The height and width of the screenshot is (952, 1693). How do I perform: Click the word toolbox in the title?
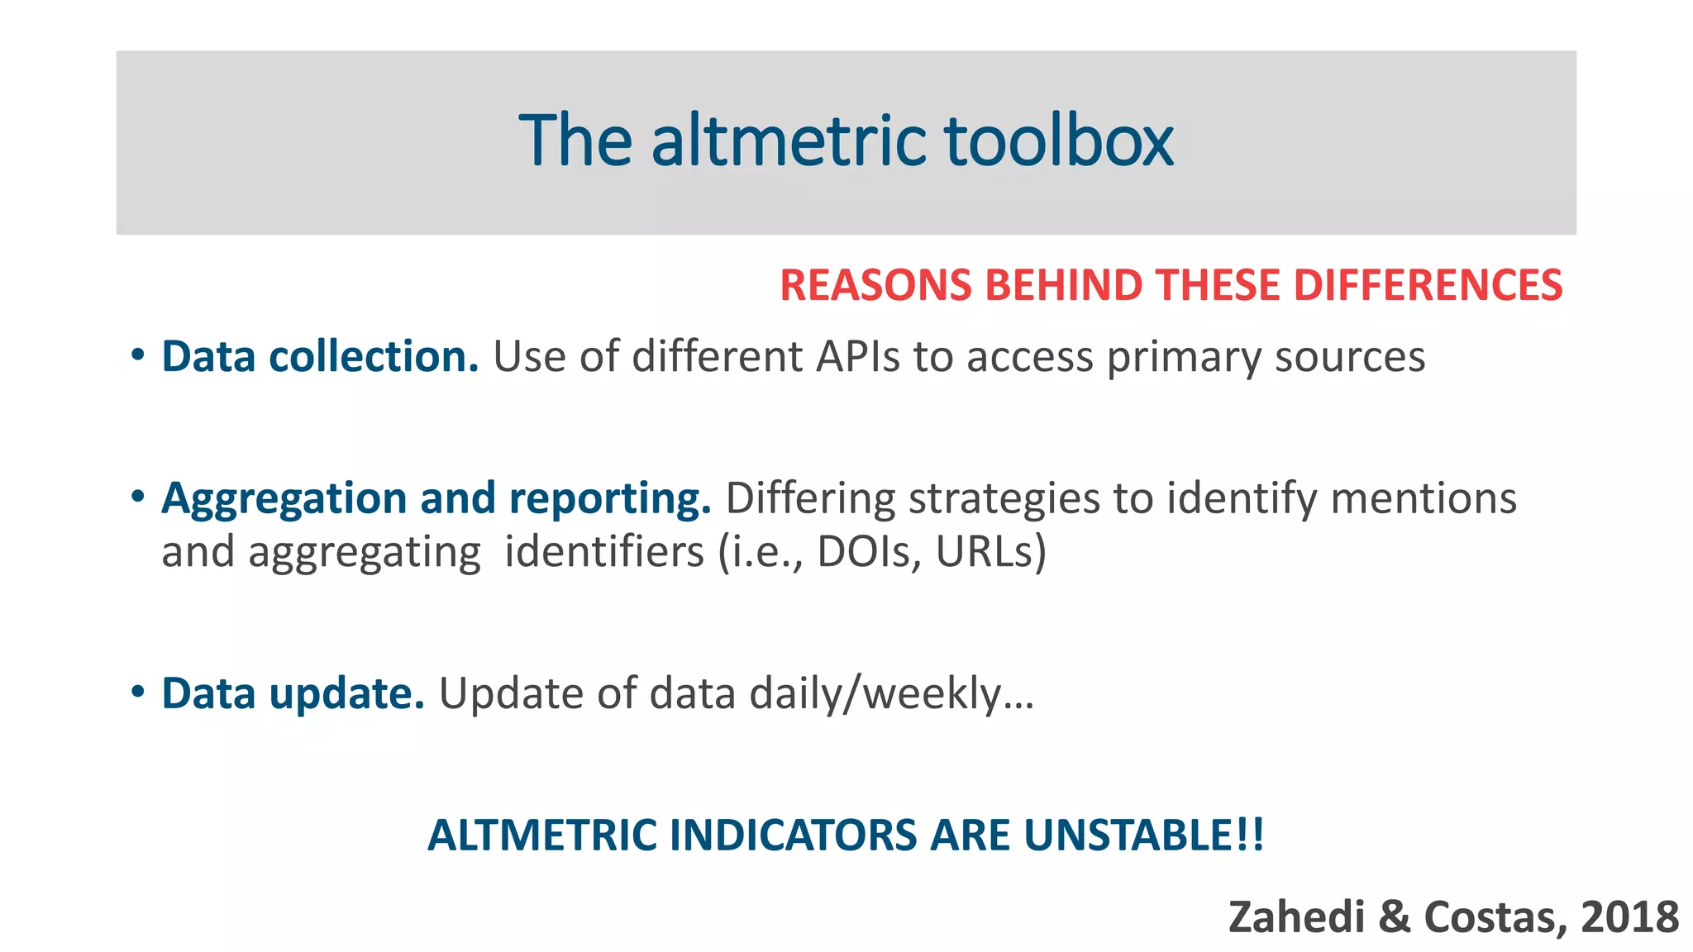[x=1058, y=140]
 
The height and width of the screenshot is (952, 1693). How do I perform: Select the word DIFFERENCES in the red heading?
[x=1428, y=285]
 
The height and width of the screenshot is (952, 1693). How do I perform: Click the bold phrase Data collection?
[x=320, y=357]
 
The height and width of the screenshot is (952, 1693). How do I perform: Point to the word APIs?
[x=858, y=357]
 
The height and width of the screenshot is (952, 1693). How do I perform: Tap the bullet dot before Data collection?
[x=138, y=356]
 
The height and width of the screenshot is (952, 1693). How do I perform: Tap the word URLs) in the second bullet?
[x=990, y=552]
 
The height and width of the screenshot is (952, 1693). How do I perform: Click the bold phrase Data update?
[x=293, y=694]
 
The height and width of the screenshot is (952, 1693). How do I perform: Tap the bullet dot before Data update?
[x=138, y=692]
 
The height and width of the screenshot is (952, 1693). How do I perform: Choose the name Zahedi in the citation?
[x=1296, y=917]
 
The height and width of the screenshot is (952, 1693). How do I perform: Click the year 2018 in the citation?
[x=1629, y=917]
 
